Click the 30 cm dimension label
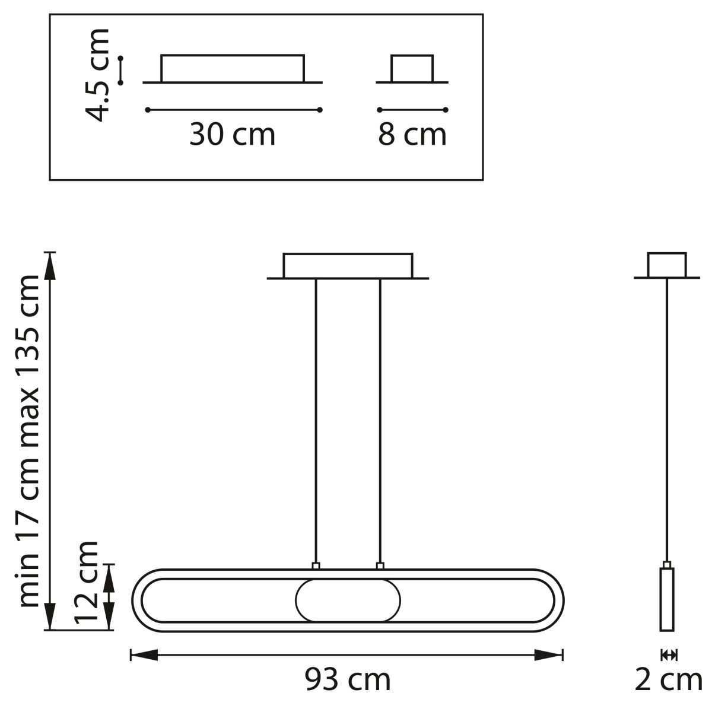(232, 135)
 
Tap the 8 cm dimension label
(412, 135)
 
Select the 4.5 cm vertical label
(97, 75)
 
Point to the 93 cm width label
(347, 679)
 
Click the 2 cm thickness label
(669, 679)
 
